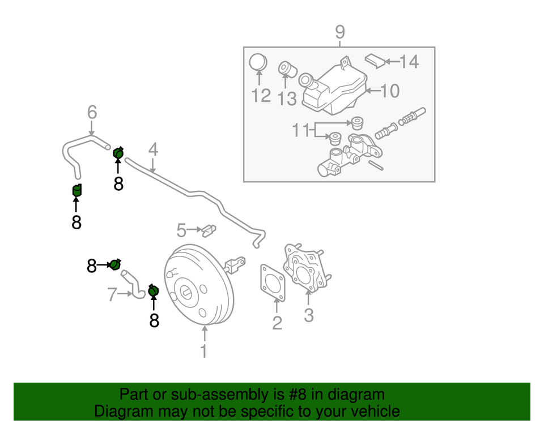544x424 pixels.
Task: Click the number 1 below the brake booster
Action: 203,351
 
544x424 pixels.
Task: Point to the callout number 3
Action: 308,315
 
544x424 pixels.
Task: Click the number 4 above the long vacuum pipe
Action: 153,150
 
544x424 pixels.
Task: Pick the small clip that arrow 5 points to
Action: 210,230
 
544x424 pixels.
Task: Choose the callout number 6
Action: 92,113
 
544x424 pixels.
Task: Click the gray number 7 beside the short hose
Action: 113,294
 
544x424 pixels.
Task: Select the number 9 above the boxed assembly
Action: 339,32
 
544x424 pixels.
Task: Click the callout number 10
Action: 390,91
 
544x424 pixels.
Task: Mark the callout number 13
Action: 287,98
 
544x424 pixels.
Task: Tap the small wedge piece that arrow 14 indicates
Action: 375,59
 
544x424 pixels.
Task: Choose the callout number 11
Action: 302,131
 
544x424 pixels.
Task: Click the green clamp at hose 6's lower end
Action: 77,190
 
